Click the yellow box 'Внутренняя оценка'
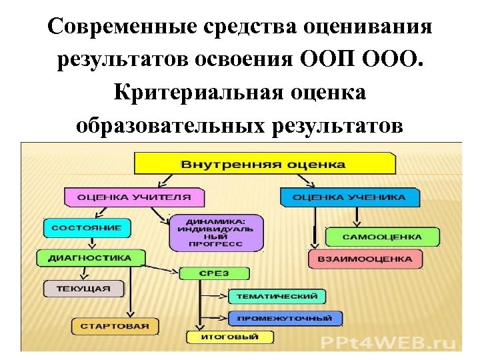coord(265,163)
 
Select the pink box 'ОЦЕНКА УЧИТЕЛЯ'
coord(134,197)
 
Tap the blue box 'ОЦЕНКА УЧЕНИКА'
coord(349,197)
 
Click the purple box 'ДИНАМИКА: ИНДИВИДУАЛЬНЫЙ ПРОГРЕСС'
coord(206,233)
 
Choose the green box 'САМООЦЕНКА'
coord(382,237)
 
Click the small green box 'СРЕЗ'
coord(213,273)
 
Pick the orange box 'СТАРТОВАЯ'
coord(115,327)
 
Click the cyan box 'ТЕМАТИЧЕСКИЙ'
coord(277,296)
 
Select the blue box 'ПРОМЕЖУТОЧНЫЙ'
coord(285,318)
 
